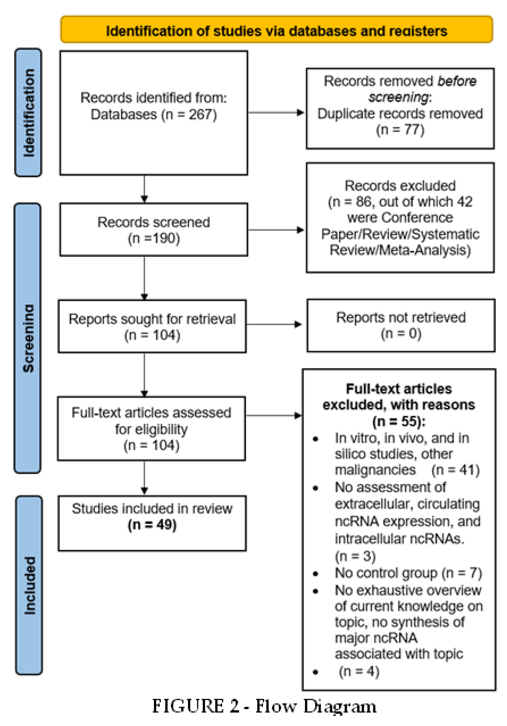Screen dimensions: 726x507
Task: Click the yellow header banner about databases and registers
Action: [276, 30]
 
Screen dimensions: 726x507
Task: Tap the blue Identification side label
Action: [28, 112]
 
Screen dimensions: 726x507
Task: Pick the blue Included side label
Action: [29, 585]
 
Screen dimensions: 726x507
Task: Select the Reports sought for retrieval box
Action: [152, 326]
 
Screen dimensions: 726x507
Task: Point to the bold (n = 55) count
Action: [399, 422]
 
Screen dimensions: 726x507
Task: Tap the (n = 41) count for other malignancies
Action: [455, 470]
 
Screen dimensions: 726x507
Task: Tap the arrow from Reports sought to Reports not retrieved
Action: [274, 324]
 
